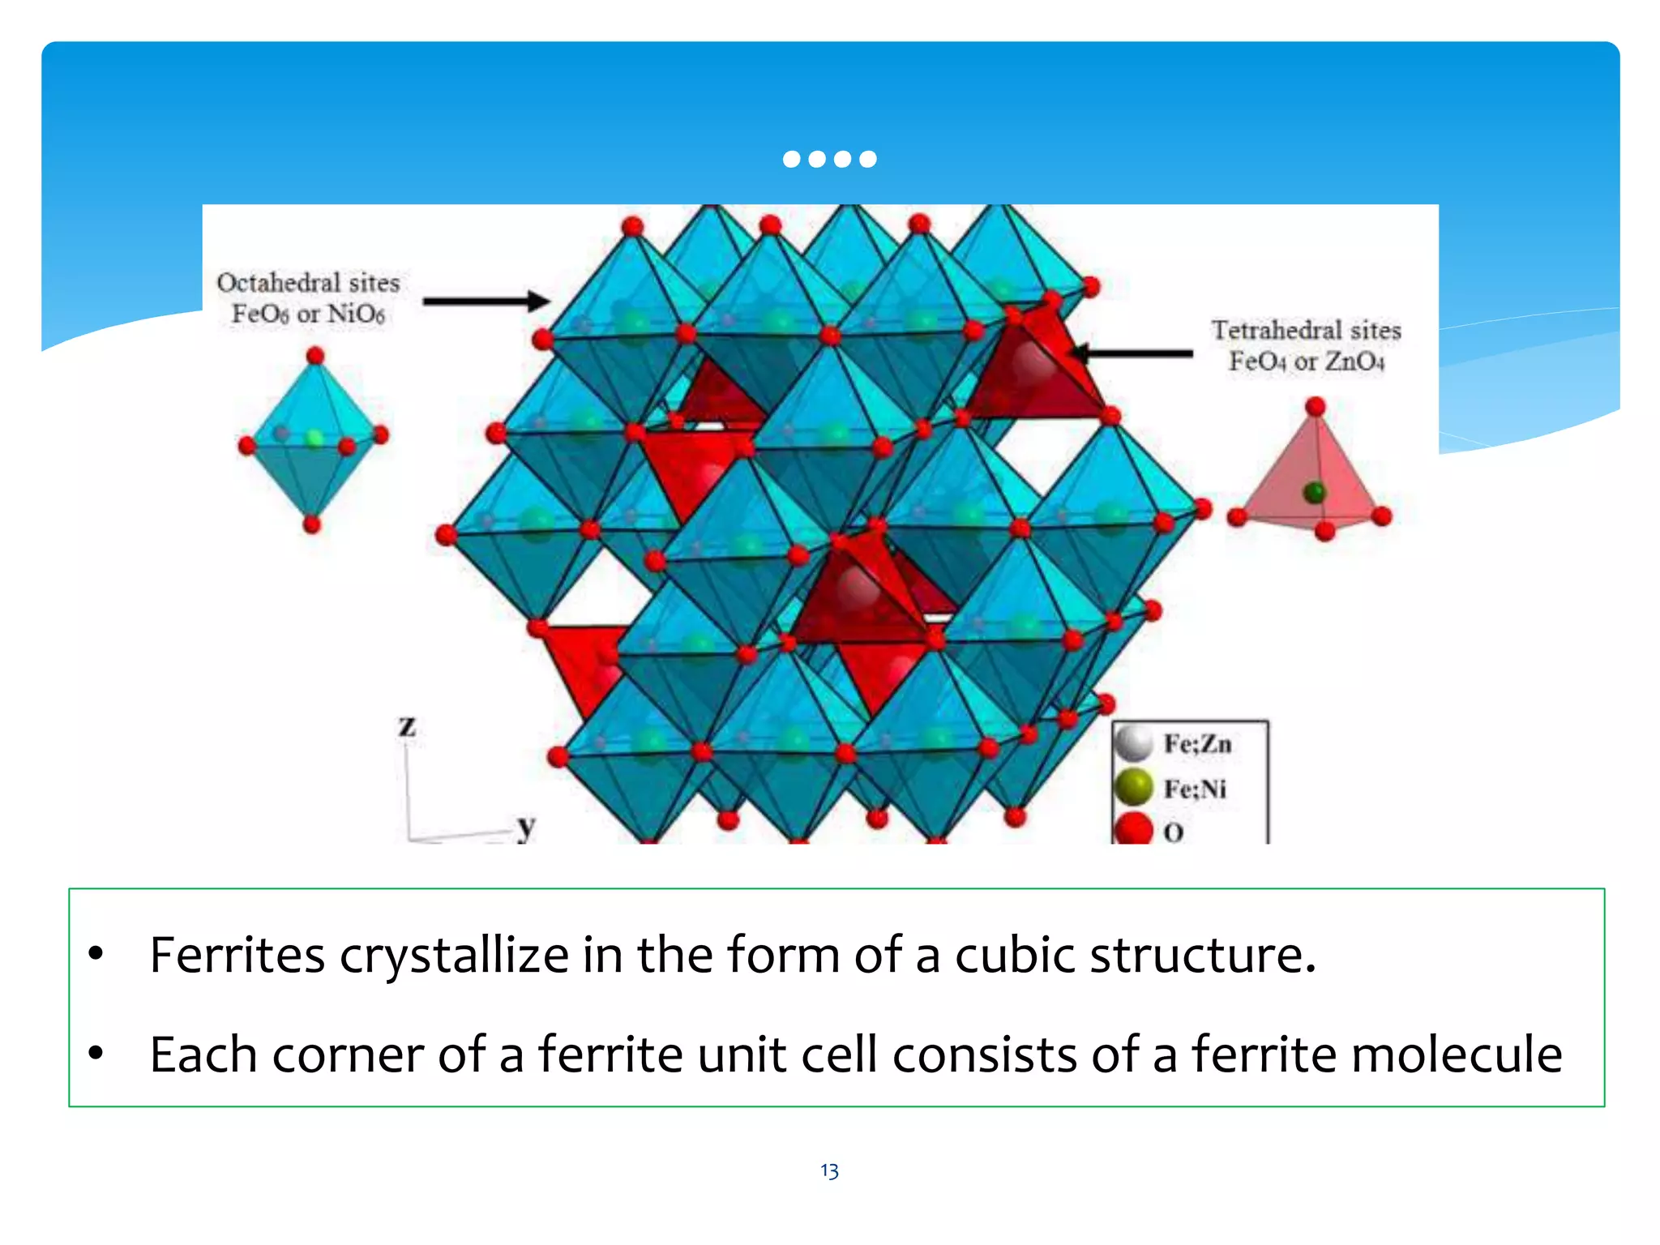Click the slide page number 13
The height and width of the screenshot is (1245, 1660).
point(829,1170)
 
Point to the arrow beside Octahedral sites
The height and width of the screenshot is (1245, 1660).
point(486,302)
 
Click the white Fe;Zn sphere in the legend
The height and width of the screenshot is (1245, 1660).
point(1133,743)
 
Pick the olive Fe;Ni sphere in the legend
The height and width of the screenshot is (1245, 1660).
point(1133,787)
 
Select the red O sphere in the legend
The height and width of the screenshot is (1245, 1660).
point(1133,829)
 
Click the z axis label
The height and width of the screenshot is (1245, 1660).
point(407,726)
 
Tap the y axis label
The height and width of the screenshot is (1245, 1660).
point(526,826)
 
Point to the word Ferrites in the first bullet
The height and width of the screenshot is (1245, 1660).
point(237,955)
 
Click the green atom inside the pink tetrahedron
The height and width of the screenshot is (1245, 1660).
point(1314,492)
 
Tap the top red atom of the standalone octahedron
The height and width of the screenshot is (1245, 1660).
point(315,355)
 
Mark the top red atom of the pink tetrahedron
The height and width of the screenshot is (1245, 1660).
point(1316,406)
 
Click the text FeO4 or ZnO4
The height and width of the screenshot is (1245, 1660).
point(1306,361)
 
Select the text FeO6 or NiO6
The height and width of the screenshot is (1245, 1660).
point(308,314)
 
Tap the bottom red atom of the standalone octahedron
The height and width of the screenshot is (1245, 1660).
point(312,524)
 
